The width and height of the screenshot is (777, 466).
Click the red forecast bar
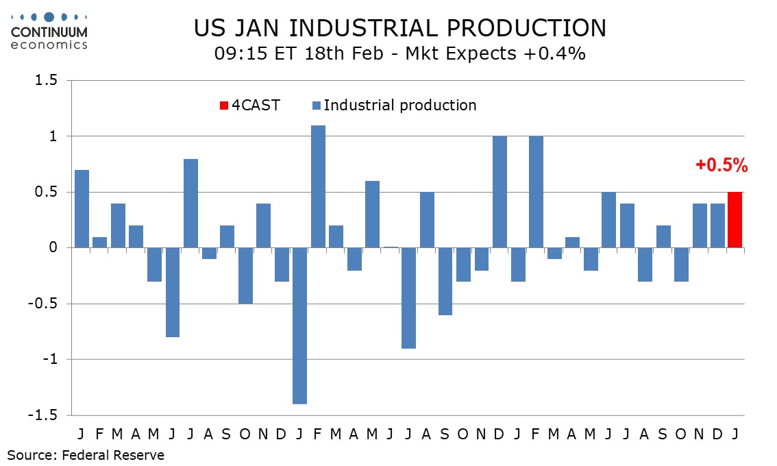[735, 220]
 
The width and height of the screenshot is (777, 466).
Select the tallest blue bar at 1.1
[318, 186]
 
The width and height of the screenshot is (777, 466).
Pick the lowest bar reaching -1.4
[300, 326]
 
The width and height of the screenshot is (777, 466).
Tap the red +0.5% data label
[721, 165]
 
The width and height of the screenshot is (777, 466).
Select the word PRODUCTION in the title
[530, 29]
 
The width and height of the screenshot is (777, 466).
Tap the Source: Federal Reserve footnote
[86, 454]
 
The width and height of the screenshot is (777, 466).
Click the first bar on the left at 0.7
[82, 209]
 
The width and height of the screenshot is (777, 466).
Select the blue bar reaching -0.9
[409, 298]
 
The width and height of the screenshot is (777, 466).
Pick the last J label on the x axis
[735, 434]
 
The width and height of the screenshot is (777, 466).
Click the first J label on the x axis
[82, 434]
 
